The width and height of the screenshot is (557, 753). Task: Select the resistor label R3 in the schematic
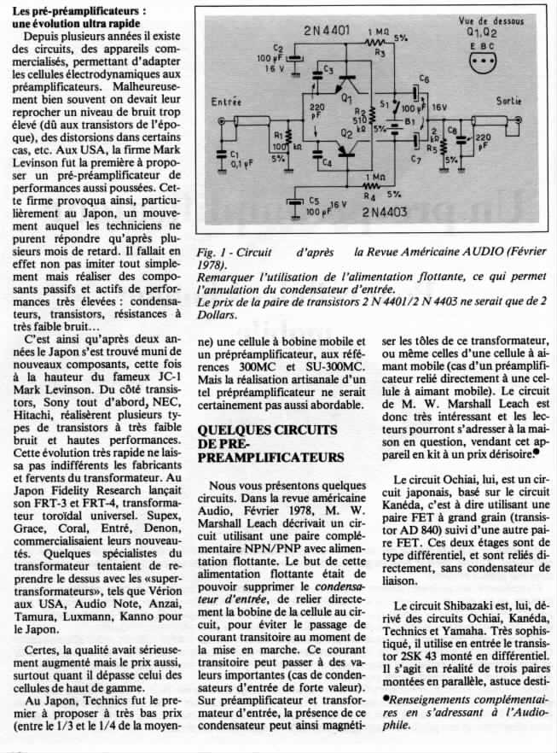point(381,53)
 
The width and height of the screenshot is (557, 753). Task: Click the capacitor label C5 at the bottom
point(313,201)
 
